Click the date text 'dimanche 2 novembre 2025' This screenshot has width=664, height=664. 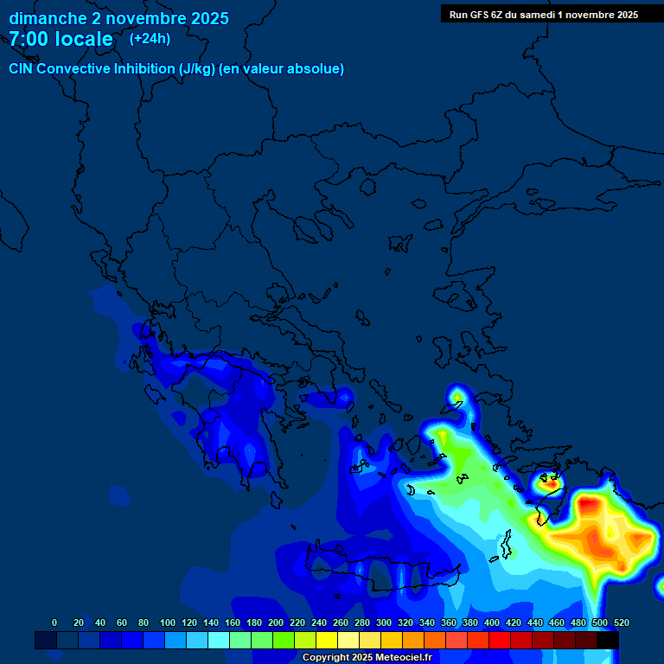click(118, 18)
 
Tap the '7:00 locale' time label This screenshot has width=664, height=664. click(61, 40)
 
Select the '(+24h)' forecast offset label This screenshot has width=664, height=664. click(150, 39)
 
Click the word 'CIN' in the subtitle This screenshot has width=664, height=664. click(22, 69)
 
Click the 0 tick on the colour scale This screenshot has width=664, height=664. click(54, 622)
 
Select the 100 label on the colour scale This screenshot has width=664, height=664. click(168, 622)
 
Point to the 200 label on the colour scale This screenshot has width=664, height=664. click(276, 622)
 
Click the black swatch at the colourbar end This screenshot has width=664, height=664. click(608, 641)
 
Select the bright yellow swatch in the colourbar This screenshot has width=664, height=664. click(327, 641)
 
